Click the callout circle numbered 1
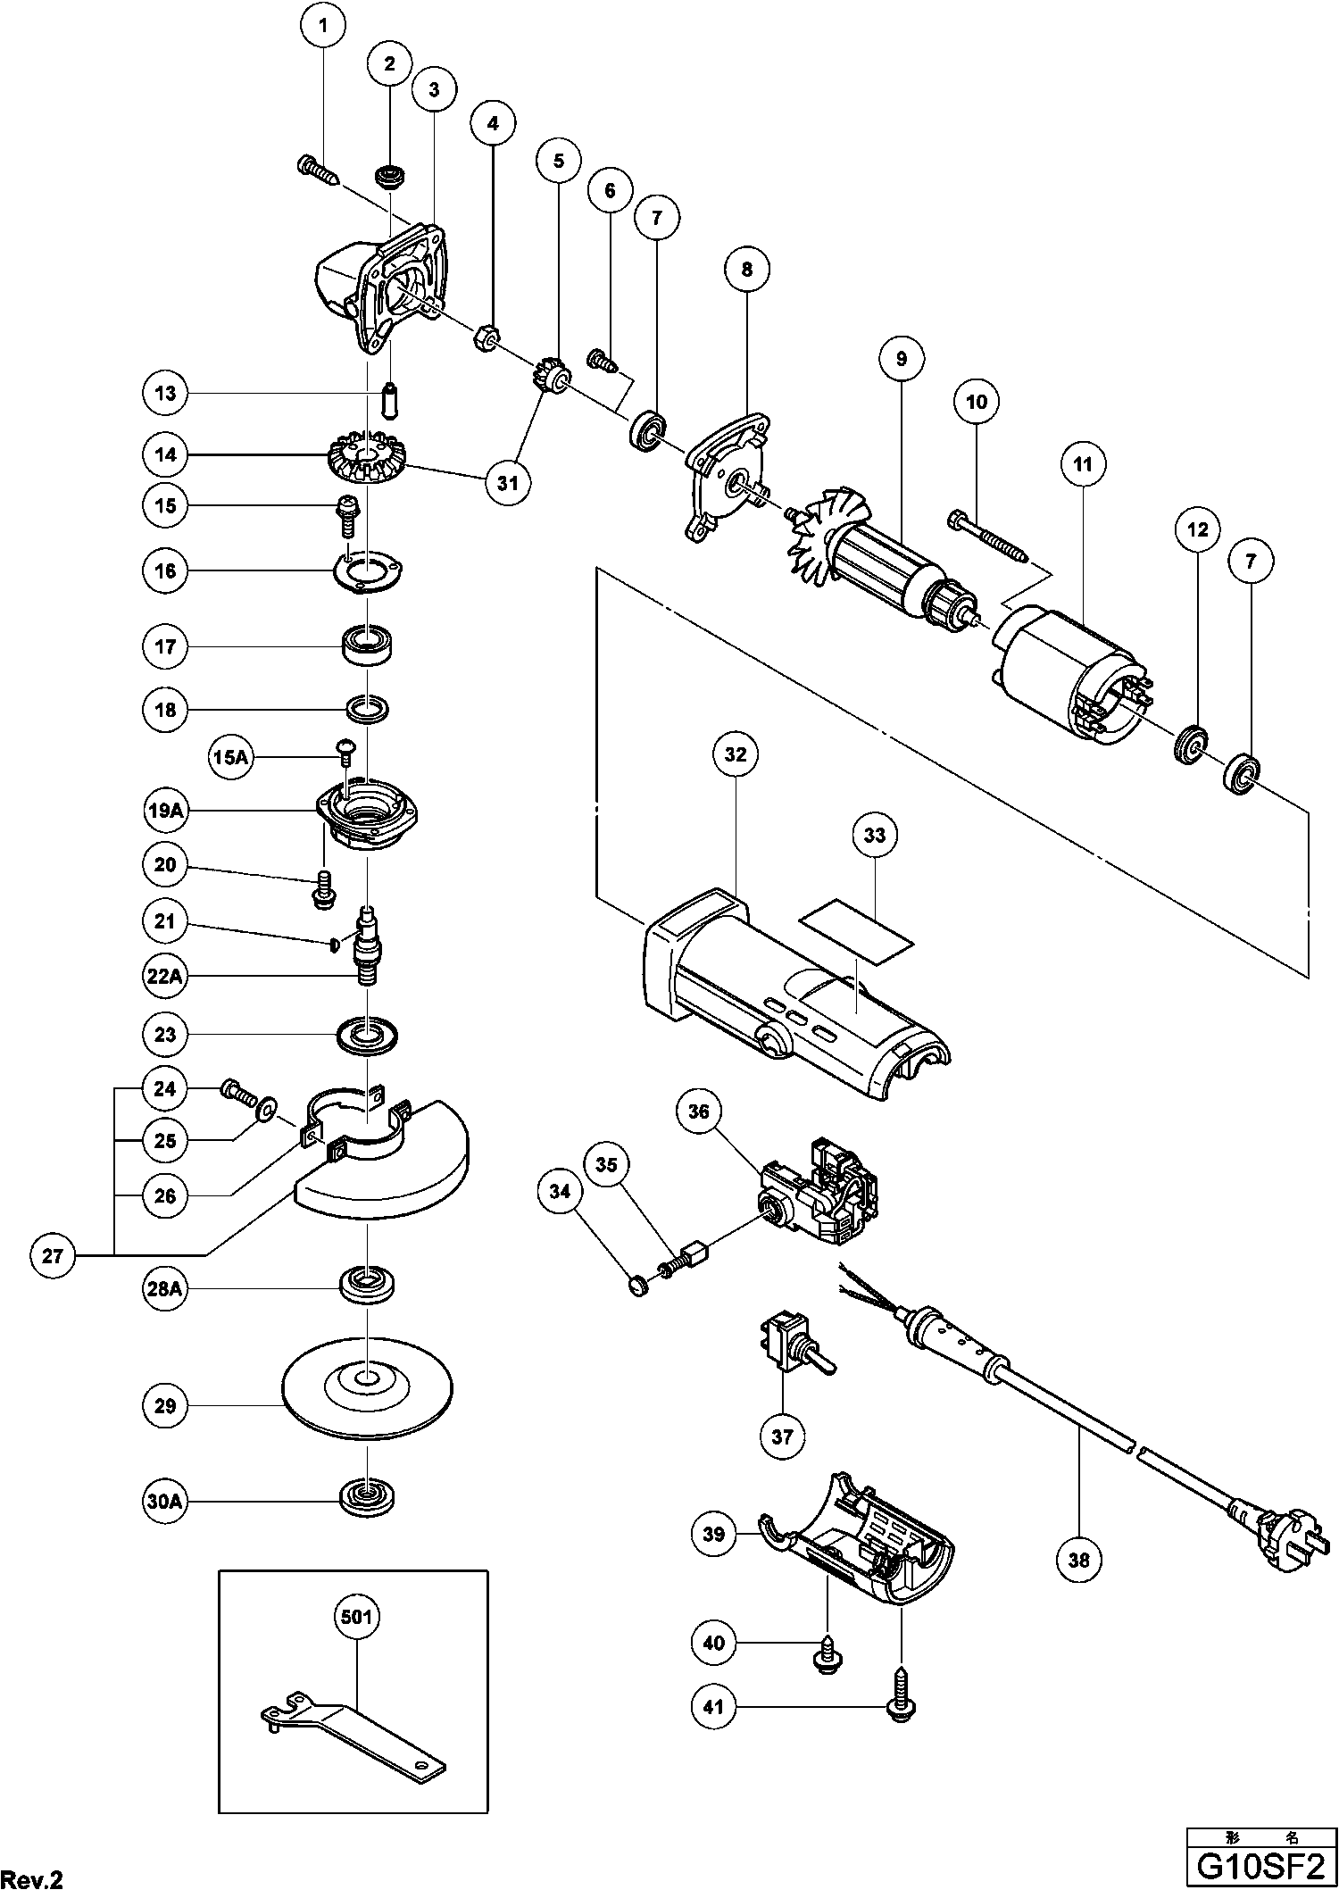point(324,27)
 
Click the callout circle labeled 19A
point(165,811)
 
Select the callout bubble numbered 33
point(875,835)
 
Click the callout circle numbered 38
point(1078,1558)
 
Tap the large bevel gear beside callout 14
point(366,458)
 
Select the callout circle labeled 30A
point(165,1503)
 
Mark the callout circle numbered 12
point(1197,529)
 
